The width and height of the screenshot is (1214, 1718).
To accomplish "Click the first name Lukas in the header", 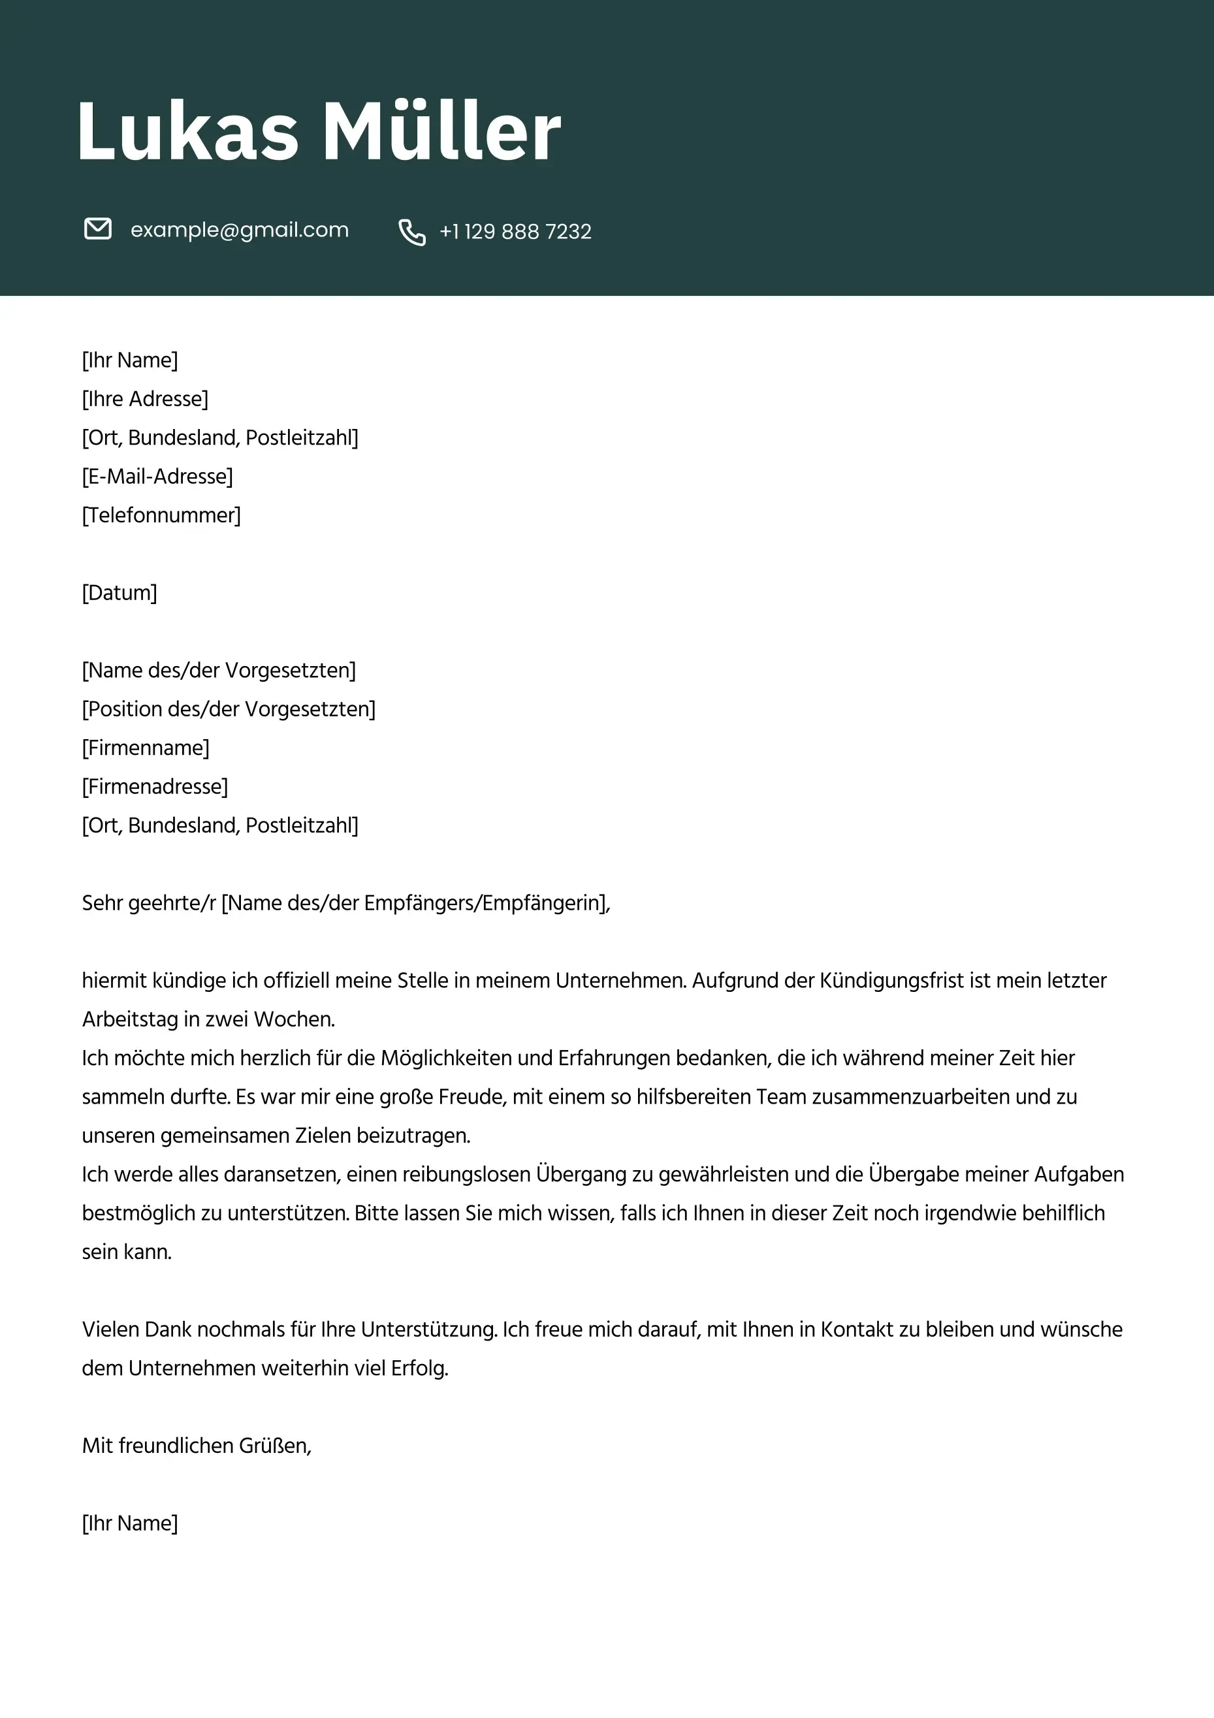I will pyautogui.click(x=187, y=132).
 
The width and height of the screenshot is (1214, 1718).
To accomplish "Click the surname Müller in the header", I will pyautogui.click(x=441, y=132).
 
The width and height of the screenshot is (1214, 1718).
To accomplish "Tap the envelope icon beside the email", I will pyautogui.click(x=97, y=229).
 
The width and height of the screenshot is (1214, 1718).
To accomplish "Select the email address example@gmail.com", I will pyautogui.click(x=240, y=230).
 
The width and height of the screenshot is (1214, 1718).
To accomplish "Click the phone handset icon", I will pyautogui.click(x=411, y=232).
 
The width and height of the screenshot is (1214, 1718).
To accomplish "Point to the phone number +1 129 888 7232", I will pyautogui.click(x=515, y=232).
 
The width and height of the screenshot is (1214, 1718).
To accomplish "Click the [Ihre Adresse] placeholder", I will pyautogui.click(x=145, y=399).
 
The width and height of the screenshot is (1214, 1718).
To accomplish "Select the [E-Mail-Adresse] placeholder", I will pyautogui.click(x=157, y=477).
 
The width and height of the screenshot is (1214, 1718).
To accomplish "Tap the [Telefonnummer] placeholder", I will pyautogui.click(x=161, y=516).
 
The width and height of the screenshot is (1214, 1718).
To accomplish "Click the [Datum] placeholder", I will pyautogui.click(x=119, y=593).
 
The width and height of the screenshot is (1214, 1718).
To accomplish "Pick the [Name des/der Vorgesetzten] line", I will pyautogui.click(x=219, y=671).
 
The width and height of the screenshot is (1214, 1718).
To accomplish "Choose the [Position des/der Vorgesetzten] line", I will pyautogui.click(x=229, y=709).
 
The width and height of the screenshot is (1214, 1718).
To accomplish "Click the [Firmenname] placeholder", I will pyautogui.click(x=145, y=748).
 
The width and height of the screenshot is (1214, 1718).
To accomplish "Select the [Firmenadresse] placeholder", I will pyautogui.click(x=155, y=787).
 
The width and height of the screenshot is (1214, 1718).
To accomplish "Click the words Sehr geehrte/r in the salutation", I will pyautogui.click(x=148, y=903).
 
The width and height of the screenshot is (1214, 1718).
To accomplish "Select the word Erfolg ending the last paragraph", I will pyautogui.click(x=419, y=1369).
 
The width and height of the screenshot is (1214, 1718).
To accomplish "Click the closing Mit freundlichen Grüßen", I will pyautogui.click(x=196, y=1446).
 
